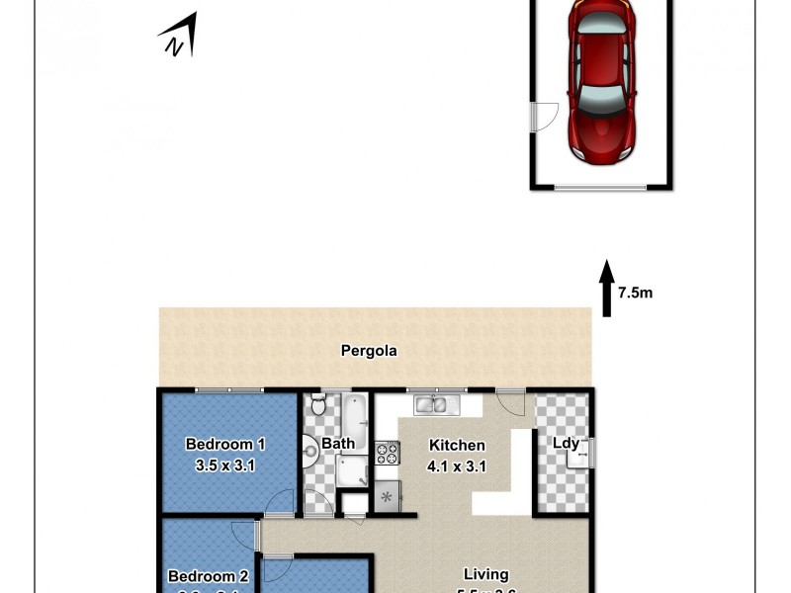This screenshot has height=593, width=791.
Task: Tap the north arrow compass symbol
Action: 178,38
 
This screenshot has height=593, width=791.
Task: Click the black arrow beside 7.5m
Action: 606,290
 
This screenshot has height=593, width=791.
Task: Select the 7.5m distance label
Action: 636,293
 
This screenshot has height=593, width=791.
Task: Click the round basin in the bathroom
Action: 309,454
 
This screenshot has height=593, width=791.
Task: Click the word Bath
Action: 337,444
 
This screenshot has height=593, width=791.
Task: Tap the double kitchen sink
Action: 431,403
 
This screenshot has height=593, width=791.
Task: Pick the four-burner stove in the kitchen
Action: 386,455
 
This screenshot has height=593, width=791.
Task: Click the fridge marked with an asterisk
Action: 386,495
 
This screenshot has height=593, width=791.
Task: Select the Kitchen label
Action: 456,445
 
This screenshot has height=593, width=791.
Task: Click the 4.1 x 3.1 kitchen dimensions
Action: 456,466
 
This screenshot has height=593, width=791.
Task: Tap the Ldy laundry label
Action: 566,443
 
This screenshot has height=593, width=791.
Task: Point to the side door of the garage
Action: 538,118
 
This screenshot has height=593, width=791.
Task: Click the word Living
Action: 485,573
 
